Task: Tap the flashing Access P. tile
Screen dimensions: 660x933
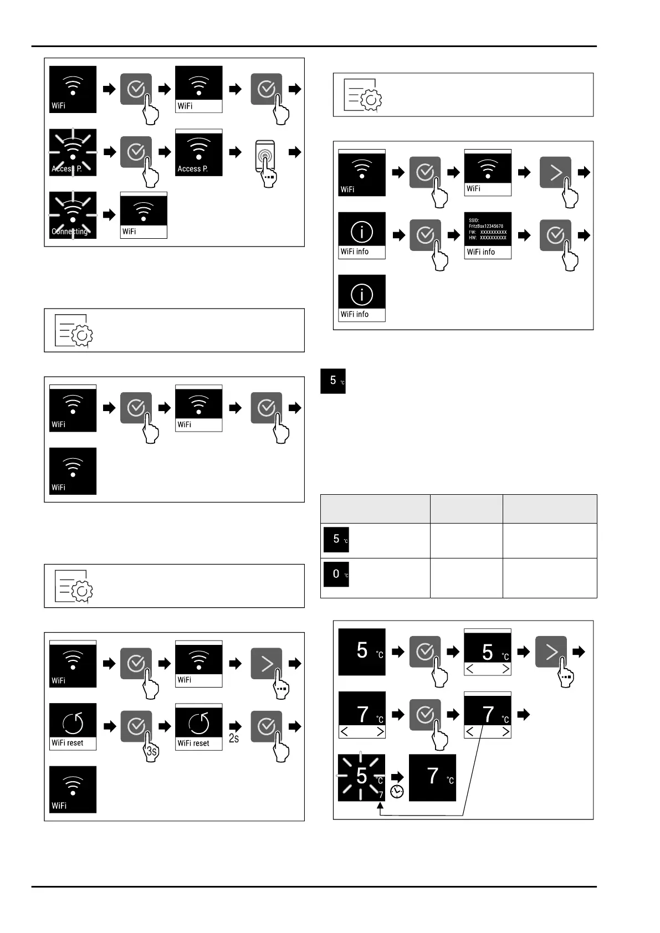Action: click(x=73, y=152)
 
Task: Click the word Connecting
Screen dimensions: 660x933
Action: click(x=70, y=232)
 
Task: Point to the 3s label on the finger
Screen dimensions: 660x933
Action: click(x=152, y=752)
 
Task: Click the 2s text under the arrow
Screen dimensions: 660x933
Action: click(x=234, y=738)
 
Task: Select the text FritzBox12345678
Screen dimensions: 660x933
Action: click(x=486, y=226)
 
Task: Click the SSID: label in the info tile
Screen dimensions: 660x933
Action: click(x=474, y=221)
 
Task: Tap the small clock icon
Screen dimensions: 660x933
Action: click(x=397, y=792)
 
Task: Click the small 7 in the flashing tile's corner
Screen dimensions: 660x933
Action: click(x=381, y=795)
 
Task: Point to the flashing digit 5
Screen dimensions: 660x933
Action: click(x=361, y=776)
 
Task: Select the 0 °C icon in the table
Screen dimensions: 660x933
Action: click(x=336, y=574)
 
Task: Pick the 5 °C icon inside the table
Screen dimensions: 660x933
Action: click(x=336, y=539)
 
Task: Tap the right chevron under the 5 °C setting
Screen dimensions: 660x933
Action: click(x=505, y=669)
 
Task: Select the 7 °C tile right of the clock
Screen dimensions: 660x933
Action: click(x=432, y=777)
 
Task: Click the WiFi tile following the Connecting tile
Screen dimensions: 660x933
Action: click(x=144, y=216)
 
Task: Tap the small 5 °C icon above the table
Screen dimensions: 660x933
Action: click(x=333, y=381)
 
